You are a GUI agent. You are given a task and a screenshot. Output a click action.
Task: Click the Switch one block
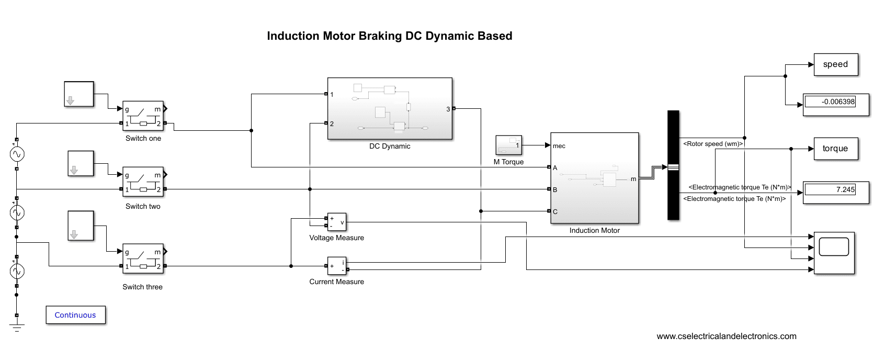coord(143,116)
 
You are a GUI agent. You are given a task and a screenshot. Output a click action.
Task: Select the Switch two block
coord(143,182)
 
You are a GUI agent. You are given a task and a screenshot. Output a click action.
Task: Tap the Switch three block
coord(143,258)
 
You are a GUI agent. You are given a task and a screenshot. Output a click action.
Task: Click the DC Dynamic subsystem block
coord(390,109)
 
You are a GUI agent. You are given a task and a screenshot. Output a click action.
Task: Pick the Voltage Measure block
coord(336,222)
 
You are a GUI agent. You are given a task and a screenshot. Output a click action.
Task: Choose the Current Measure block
coord(336,266)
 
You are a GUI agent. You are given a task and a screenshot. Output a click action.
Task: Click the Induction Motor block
coord(595,178)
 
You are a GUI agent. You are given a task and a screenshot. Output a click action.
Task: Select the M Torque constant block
coord(508,145)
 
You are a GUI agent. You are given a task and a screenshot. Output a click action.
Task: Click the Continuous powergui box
coord(75,315)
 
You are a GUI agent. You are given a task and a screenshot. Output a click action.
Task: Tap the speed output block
coord(836,64)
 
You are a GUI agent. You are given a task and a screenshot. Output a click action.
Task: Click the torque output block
coord(835,149)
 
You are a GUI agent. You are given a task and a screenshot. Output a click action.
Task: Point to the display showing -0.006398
coord(836,104)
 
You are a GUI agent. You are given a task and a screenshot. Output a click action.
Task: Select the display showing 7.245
coord(836,192)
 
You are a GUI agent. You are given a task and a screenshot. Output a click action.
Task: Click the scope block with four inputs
coord(834,253)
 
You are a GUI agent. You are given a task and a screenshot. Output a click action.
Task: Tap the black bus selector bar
coord(673,165)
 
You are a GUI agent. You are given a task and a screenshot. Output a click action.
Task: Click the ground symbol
coord(17,328)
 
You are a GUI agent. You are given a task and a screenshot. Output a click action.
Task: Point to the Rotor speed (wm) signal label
coord(712,144)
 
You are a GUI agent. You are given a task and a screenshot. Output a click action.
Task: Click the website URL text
coord(727,336)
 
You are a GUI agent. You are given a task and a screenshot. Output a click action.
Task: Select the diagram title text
coord(390,36)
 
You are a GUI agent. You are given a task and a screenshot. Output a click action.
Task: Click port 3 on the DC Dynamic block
coord(453,108)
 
